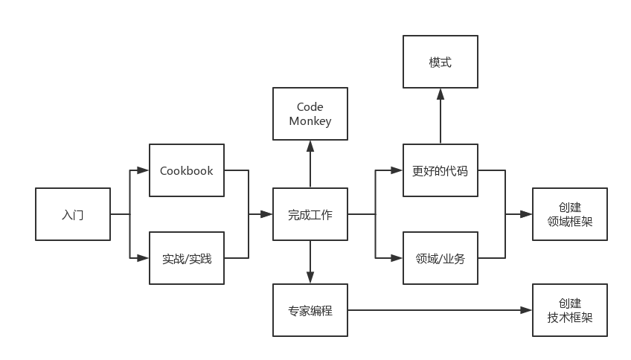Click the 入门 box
pos(73,214)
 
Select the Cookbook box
pos(187,170)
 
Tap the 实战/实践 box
pos(187,258)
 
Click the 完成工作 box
pos(310,214)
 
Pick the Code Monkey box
pos(310,114)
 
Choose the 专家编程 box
pos(310,310)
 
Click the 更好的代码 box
pos(440,170)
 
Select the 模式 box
pos(440,62)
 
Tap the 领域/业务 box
pos(440,258)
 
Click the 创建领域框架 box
pos(570,214)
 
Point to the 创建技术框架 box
pos(570,310)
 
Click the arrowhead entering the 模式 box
pos(440,93)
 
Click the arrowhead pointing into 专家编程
pos(310,279)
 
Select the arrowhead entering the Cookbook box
pos(144,170)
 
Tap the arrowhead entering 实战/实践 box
pos(144,258)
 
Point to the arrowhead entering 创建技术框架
pos(528,310)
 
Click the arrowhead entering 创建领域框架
pos(528,214)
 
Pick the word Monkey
pos(310,121)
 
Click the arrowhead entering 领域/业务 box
pos(398,258)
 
